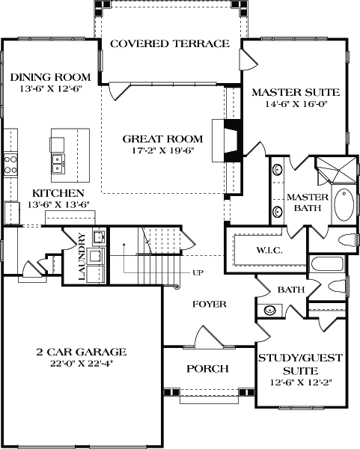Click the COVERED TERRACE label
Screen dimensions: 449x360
(x=169, y=43)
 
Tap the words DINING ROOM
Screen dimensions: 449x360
(x=51, y=76)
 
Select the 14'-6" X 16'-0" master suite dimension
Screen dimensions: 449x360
(x=295, y=106)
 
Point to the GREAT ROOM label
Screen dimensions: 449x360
(x=162, y=138)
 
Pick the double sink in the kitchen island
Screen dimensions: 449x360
(x=57, y=164)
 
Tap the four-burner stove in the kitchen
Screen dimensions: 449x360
(x=10, y=164)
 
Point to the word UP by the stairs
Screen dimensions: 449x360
(x=198, y=272)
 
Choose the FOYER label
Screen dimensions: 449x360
(x=209, y=304)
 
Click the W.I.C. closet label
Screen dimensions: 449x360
(x=268, y=250)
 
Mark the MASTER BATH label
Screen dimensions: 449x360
(x=303, y=203)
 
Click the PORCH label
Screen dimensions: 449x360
(x=207, y=369)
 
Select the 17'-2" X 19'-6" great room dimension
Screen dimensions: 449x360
(x=162, y=151)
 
